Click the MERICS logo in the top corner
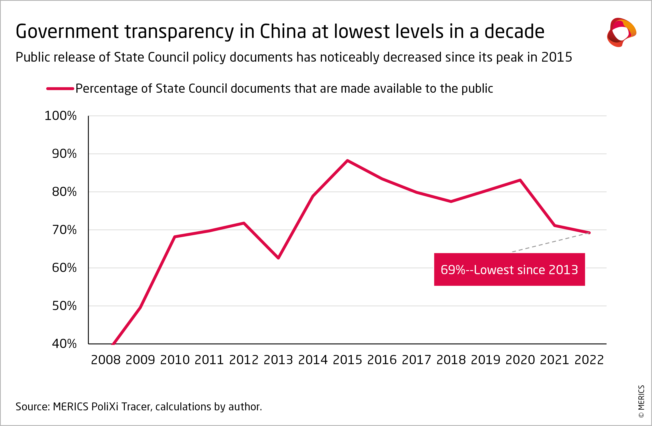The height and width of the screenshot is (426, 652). coord(621,32)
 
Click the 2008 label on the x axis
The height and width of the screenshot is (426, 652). coord(105,360)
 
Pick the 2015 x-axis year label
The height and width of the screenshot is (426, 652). coord(347,360)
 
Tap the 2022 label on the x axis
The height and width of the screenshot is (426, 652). coord(589,360)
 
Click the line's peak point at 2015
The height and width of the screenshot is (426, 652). coord(347,160)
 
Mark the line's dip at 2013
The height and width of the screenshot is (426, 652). coord(278,258)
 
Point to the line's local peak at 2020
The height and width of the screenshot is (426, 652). coord(520,180)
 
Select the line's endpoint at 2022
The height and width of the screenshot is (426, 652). coord(589,233)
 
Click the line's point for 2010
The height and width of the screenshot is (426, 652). coord(175,236)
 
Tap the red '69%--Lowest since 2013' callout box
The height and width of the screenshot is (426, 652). coord(509,270)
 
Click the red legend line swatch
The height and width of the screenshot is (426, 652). coord(60,89)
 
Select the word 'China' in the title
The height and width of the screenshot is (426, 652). coord(283,31)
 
